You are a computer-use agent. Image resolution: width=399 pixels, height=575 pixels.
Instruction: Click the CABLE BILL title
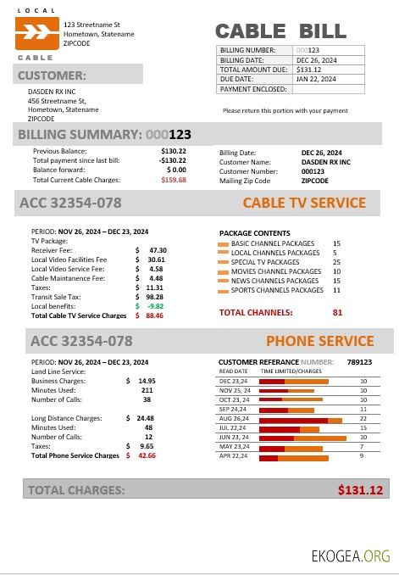pyautogui.click(x=280, y=32)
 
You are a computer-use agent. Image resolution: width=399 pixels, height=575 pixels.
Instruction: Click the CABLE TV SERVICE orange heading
pyautogui.click(x=304, y=204)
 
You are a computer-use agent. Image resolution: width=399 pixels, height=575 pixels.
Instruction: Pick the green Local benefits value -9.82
pyautogui.click(x=154, y=306)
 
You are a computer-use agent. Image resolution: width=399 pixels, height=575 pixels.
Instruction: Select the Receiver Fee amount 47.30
pyautogui.click(x=158, y=250)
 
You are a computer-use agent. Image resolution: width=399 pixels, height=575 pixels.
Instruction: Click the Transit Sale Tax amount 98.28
pyautogui.click(x=156, y=297)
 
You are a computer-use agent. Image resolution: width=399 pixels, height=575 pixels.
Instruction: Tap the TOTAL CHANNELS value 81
pyautogui.click(x=337, y=312)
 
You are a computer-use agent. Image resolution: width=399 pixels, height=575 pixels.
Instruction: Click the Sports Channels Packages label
pyautogui.click(x=277, y=290)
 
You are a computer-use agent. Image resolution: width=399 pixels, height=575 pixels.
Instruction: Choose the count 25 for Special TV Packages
pyautogui.click(x=336, y=262)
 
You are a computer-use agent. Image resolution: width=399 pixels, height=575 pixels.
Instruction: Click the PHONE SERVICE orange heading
pyautogui.click(x=319, y=342)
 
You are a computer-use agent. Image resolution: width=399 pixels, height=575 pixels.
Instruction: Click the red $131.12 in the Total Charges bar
pyautogui.click(x=360, y=489)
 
